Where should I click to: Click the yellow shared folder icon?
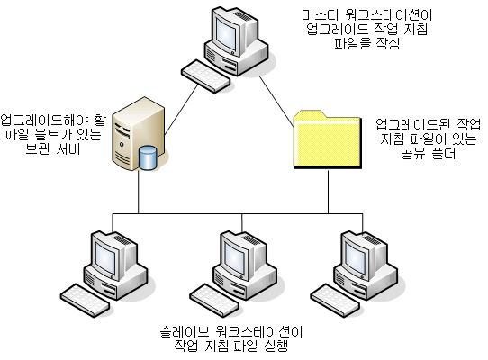coord(328,139)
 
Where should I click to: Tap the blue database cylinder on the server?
coord(148,157)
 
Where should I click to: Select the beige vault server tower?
coord(138,134)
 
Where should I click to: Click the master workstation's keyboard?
coord(205,76)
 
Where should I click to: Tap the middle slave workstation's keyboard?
coord(214,301)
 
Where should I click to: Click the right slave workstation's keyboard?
coord(335,301)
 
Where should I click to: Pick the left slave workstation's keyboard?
coord(85,301)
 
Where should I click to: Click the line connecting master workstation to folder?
coord(276,102)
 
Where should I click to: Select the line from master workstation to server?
coord(181,109)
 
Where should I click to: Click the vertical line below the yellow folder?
coord(328,192)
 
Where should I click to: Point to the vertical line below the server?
coord(139,192)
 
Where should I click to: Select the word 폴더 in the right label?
coord(443,153)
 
